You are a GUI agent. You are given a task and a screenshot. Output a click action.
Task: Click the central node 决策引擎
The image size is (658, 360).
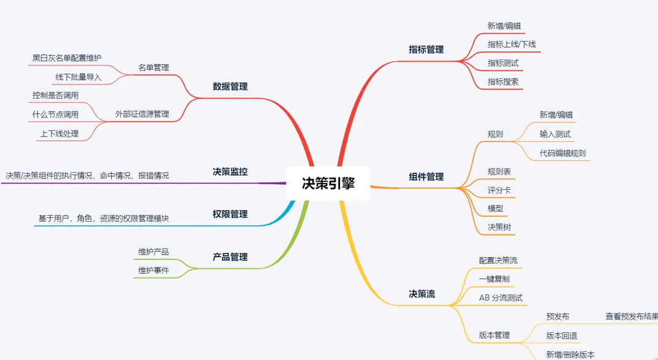[x=328, y=183]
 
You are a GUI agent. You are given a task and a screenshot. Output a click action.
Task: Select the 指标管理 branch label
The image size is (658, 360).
[x=426, y=50]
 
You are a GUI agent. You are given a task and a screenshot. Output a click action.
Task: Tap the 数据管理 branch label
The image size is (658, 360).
[x=230, y=86]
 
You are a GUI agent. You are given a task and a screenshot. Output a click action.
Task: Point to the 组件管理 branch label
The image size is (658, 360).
[x=426, y=176]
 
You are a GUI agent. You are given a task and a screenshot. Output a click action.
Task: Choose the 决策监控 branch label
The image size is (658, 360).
[x=230, y=171]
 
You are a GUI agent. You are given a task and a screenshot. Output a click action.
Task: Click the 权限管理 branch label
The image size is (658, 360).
[x=230, y=214]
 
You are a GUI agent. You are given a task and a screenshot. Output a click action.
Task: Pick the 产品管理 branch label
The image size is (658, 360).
[x=230, y=257]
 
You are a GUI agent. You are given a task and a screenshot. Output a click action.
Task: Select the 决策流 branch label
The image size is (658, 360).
[x=422, y=294]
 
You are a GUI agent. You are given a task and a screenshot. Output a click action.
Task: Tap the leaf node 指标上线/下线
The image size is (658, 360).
[x=512, y=44]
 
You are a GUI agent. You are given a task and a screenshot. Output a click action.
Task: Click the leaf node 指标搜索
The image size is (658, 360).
[x=503, y=81]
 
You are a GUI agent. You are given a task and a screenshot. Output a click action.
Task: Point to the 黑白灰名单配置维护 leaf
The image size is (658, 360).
[x=67, y=58]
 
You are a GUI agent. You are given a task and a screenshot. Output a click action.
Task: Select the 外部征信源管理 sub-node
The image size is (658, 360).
[x=142, y=114]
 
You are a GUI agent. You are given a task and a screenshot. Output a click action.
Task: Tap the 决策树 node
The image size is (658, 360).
[x=499, y=227]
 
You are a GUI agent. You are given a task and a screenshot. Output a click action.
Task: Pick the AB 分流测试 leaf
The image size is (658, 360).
[x=501, y=298]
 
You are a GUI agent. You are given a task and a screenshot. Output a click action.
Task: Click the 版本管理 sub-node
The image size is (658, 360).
[x=494, y=336]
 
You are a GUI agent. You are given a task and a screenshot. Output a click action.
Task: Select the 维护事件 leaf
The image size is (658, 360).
[x=153, y=270]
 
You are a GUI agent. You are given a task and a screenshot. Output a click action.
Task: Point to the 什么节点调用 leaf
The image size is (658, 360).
[x=55, y=114]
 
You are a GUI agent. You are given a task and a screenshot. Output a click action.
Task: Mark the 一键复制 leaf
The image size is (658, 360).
[x=494, y=279]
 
